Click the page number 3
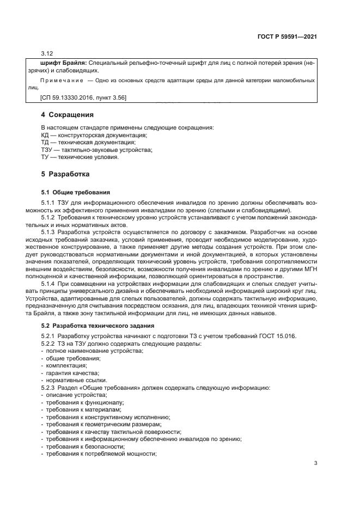(x=316, y=463)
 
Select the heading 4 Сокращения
(x=67, y=115)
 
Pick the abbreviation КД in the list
(x=45, y=134)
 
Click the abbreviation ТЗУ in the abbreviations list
(x=47, y=150)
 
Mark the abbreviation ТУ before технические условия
(x=45, y=157)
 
